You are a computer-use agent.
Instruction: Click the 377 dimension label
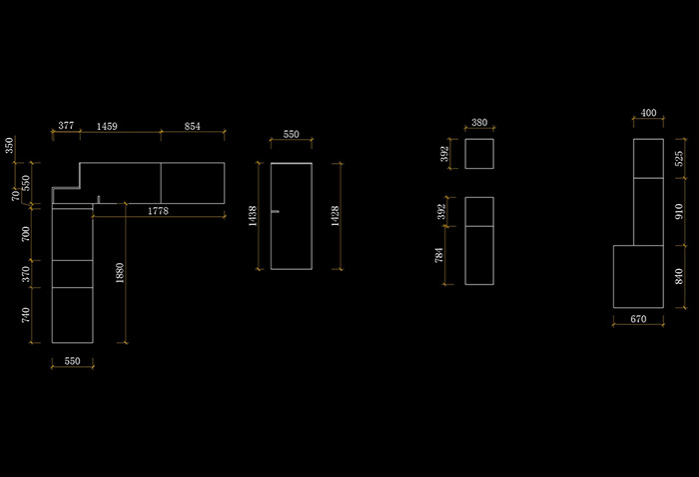click(66, 126)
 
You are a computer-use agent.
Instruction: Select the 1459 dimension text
click(106, 126)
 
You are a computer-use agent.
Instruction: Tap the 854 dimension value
click(193, 126)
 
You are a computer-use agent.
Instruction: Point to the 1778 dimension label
click(158, 211)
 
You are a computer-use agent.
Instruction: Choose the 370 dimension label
click(26, 272)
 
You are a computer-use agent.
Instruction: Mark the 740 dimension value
click(26, 315)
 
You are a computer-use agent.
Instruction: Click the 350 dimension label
click(10, 145)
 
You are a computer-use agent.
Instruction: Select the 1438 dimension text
click(253, 217)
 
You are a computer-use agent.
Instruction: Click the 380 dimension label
click(479, 123)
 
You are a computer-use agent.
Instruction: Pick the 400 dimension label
click(649, 113)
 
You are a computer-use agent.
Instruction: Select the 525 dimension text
click(680, 158)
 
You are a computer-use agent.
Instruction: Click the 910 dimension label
click(680, 211)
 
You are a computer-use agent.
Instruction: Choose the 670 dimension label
click(639, 320)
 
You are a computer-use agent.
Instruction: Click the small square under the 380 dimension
click(479, 154)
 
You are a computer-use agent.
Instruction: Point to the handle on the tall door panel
click(276, 211)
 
